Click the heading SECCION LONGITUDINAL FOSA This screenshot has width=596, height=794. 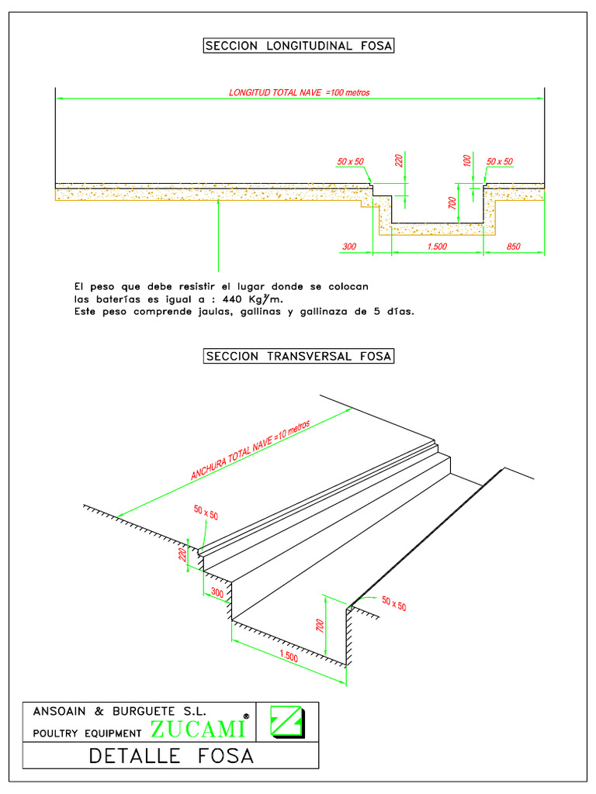click(x=299, y=47)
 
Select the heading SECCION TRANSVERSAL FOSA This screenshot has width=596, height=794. click(x=299, y=357)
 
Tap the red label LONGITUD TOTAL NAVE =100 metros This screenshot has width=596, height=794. click(x=299, y=92)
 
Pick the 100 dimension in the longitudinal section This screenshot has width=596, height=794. click(x=466, y=161)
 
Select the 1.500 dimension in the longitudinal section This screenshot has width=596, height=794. click(x=437, y=247)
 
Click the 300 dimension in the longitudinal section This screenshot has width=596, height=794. click(x=348, y=247)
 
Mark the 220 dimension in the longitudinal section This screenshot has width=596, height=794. click(x=399, y=161)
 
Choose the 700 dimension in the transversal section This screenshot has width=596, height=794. click(x=319, y=626)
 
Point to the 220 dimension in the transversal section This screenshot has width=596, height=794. click(x=182, y=554)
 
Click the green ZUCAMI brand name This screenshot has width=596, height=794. click(x=199, y=729)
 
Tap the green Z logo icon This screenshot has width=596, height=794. click(x=286, y=722)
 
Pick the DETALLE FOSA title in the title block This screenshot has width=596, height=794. click(x=172, y=755)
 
